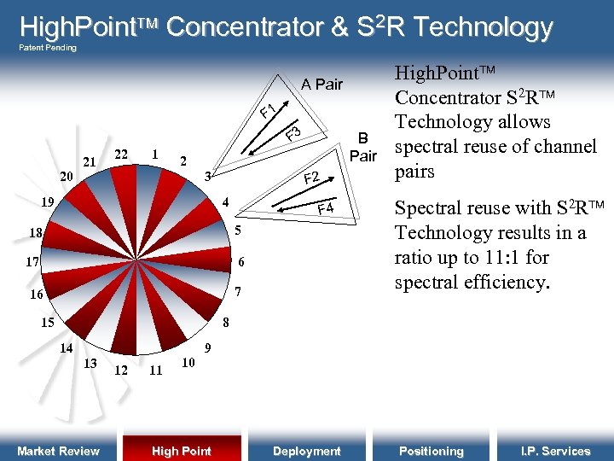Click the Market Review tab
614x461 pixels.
click(x=58, y=451)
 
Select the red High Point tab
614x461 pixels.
click(x=181, y=451)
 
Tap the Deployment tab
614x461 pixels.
click(x=306, y=451)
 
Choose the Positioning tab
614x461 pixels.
click(x=432, y=451)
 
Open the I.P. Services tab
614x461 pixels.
click(x=555, y=451)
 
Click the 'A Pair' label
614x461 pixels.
click(x=321, y=84)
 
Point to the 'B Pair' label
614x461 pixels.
click(x=363, y=147)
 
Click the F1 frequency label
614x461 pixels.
click(x=269, y=111)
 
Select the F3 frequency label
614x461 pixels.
click(x=294, y=133)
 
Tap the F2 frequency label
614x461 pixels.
click(x=311, y=178)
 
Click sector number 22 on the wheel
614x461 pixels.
click(x=122, y=154)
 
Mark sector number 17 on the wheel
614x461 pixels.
click(x=33, y=262)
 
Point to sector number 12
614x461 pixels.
click(x=122, y=371)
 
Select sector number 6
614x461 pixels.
click(x=241, y=262)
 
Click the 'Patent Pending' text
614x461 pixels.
click(x=48, y=48)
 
